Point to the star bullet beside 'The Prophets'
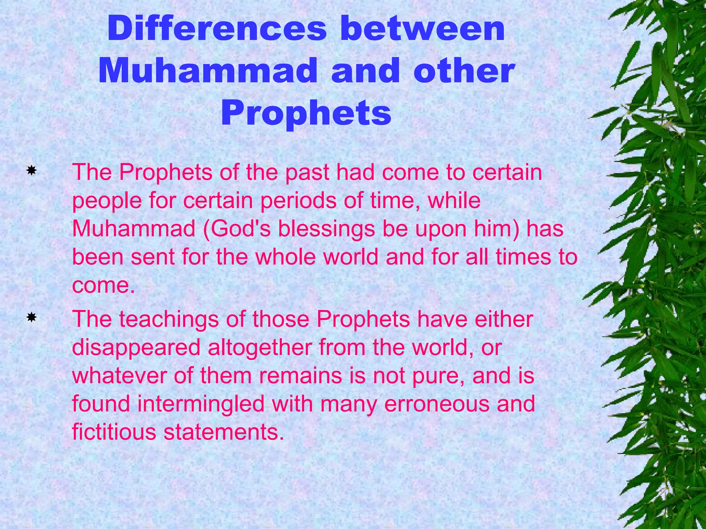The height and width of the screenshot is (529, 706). pyautogui.click(x=31, y=170)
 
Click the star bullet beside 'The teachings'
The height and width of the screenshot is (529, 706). pyautogui.click(x=31, y=317)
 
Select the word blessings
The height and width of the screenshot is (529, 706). pyautogui.click(x=326, y=229)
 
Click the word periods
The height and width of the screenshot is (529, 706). pyautogui.click(x=298, y=201)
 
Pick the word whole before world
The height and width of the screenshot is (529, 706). pyautogui.click(x=285, y=257)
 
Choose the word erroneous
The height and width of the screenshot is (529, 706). pyautogui.click(x=436, y=404)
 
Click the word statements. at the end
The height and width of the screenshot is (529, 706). pyautogui.click(x=224, y=432)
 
